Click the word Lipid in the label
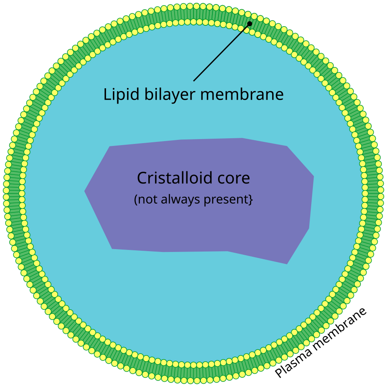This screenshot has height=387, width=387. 118,94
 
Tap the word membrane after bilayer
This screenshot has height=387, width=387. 242,94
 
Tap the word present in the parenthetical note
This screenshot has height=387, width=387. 228,200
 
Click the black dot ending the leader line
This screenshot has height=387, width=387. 250,24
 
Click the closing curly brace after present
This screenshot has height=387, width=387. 251,200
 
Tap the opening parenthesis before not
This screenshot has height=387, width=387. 136,200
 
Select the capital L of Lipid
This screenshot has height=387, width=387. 107,94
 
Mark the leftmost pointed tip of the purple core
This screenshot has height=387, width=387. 85,191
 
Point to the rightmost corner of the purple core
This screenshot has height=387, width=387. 313,176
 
